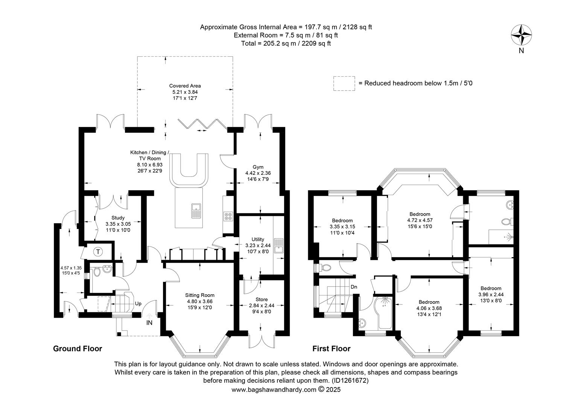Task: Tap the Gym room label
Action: pos(258,167)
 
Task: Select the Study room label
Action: pos(118,218)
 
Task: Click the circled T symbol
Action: pos(98,252)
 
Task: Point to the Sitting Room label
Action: pos(200,295)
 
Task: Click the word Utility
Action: pos(258,239)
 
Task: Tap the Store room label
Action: pos(262,299)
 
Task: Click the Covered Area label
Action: pos(185,86)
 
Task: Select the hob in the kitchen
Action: pos(228,216)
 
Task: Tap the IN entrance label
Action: pos(149,323)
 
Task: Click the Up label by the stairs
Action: pos(138,304)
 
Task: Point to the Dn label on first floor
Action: pos(354,287)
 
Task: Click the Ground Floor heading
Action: pos(78,348)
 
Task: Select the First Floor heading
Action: pos(332,348)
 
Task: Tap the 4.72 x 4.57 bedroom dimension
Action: pos(420,220)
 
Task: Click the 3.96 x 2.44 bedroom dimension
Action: pos(491,295)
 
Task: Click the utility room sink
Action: pos(278,246)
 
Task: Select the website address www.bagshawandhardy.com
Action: pos(274,390)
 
